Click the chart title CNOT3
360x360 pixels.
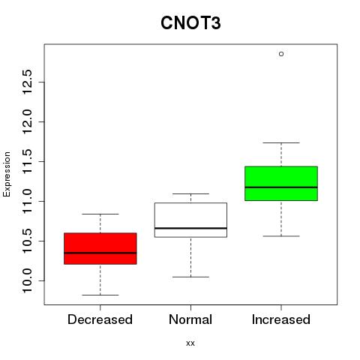tap(190, 23)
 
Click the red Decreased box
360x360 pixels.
tap(100, 248)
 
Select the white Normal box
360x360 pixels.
tap(190, 220)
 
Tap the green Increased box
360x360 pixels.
tap(281, 183)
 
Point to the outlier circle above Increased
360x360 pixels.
tap(281, 54)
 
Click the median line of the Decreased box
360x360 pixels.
tap(100, 253)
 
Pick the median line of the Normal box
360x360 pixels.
tap(190, 228)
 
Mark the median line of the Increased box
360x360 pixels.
tap(281, 187)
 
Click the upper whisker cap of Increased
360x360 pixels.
tap(281, 142)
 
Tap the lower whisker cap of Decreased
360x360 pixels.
tap(100, 295)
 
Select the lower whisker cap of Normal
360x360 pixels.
tap(190, 277)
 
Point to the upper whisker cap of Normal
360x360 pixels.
tap(190, 193)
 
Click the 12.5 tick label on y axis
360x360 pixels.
tap(27, 82)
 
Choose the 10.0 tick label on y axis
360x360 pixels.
tap(27, 280)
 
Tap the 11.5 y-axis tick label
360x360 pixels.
tap(27, 161)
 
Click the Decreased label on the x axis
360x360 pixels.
tap(100, 319)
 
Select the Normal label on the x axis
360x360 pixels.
tap(190, 319)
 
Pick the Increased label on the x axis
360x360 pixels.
tap(281, 319)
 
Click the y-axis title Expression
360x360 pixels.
tap(7, 174)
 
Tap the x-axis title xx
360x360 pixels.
tap(190, 343)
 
